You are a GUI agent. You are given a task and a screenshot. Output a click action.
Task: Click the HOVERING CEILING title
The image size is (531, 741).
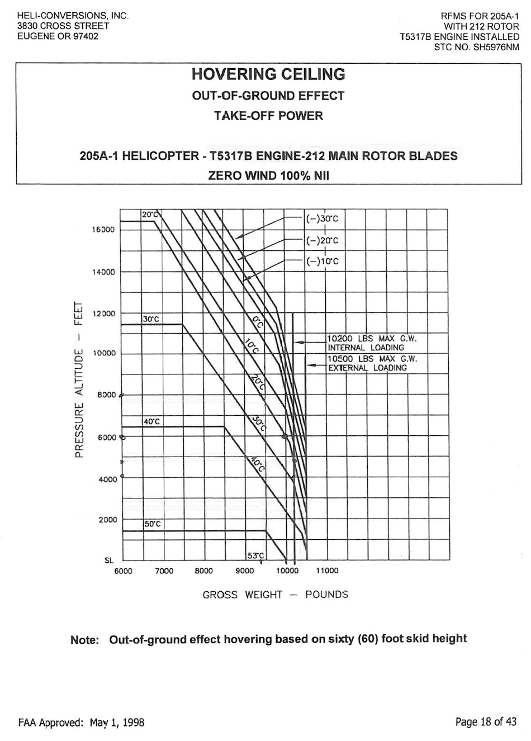pyautogui.click(x=268, y=74)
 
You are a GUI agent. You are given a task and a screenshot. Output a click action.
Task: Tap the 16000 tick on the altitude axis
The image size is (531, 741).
pyautogui.click(x=103, y=230)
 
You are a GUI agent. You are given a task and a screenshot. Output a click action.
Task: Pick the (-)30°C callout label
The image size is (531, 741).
pyautogui.click(x=322, y=219)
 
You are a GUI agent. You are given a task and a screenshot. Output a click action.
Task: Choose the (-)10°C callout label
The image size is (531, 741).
pyautogui.click(x=322, y=262)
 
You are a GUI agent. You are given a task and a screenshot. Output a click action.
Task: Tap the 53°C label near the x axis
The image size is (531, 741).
pyautogui.click(x=255, y=555)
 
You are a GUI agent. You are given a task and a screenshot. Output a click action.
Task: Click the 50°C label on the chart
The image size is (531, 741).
pyautogui.click(x=152, y=525)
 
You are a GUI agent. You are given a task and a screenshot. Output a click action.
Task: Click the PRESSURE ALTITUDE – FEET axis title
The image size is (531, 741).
pyautogui.click(x=79, y=380)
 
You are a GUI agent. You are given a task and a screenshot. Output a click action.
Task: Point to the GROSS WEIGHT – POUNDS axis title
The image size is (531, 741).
pyautogui.click(x=275, y=595)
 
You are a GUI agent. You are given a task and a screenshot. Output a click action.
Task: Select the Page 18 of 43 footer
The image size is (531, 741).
pyautogui.click(x=486, y=722)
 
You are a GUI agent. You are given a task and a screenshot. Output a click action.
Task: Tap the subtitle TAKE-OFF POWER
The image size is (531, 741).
pyautogui.click(x=268, y=116)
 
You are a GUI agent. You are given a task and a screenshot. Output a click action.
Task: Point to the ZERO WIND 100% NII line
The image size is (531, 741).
pyautogui.click(x=268, y=175)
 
